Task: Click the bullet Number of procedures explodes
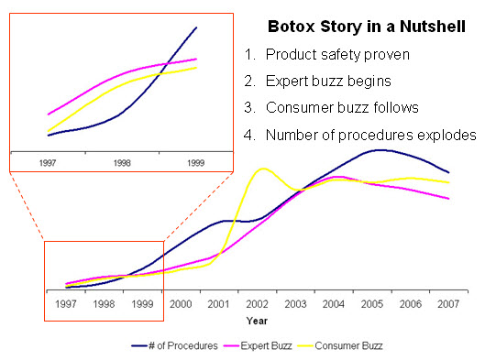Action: point(370,136)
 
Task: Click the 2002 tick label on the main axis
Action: point(258,303)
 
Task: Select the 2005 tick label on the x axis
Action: point(372,303)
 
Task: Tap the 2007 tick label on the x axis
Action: point(448,303)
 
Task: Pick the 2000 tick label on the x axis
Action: point(181,303)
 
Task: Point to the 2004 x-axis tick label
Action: point(334,303)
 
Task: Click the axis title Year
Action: point(257,322)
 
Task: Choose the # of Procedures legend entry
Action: point(174,346)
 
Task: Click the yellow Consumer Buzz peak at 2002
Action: point(264,169)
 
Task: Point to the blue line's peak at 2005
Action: point(380,149)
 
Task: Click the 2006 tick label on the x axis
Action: point(410,303)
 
